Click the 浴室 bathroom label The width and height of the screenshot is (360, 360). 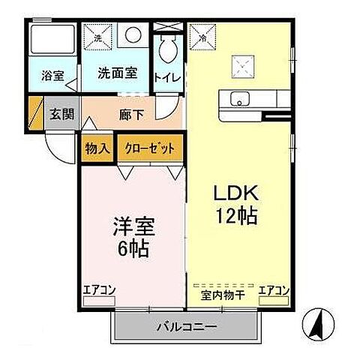(52, 76)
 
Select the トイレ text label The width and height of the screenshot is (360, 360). (166, 76)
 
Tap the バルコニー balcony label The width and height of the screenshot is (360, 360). (187, 327)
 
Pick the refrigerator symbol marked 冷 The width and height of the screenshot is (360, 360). (200, 35)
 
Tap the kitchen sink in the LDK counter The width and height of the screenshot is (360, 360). (240, 99)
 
